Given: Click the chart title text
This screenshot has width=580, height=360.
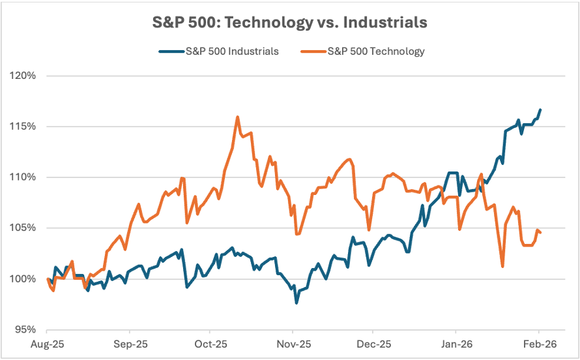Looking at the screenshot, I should (290, 22).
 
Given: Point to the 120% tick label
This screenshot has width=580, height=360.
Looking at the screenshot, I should (23, 76).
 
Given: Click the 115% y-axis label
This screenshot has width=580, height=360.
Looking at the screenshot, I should (23, 127).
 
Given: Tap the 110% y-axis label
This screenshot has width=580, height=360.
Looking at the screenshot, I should (23, 177).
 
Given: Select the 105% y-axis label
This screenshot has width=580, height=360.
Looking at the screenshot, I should (23, 228).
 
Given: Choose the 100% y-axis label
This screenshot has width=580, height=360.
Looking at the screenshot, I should (23, 279).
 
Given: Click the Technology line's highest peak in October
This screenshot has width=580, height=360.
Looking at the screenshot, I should (237, 117).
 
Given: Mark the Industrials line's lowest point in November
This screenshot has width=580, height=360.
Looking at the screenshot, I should (297, 303).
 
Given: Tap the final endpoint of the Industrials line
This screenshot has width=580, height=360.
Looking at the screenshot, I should (540, 110).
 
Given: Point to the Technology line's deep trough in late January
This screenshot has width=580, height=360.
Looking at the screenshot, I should (502, 266).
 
